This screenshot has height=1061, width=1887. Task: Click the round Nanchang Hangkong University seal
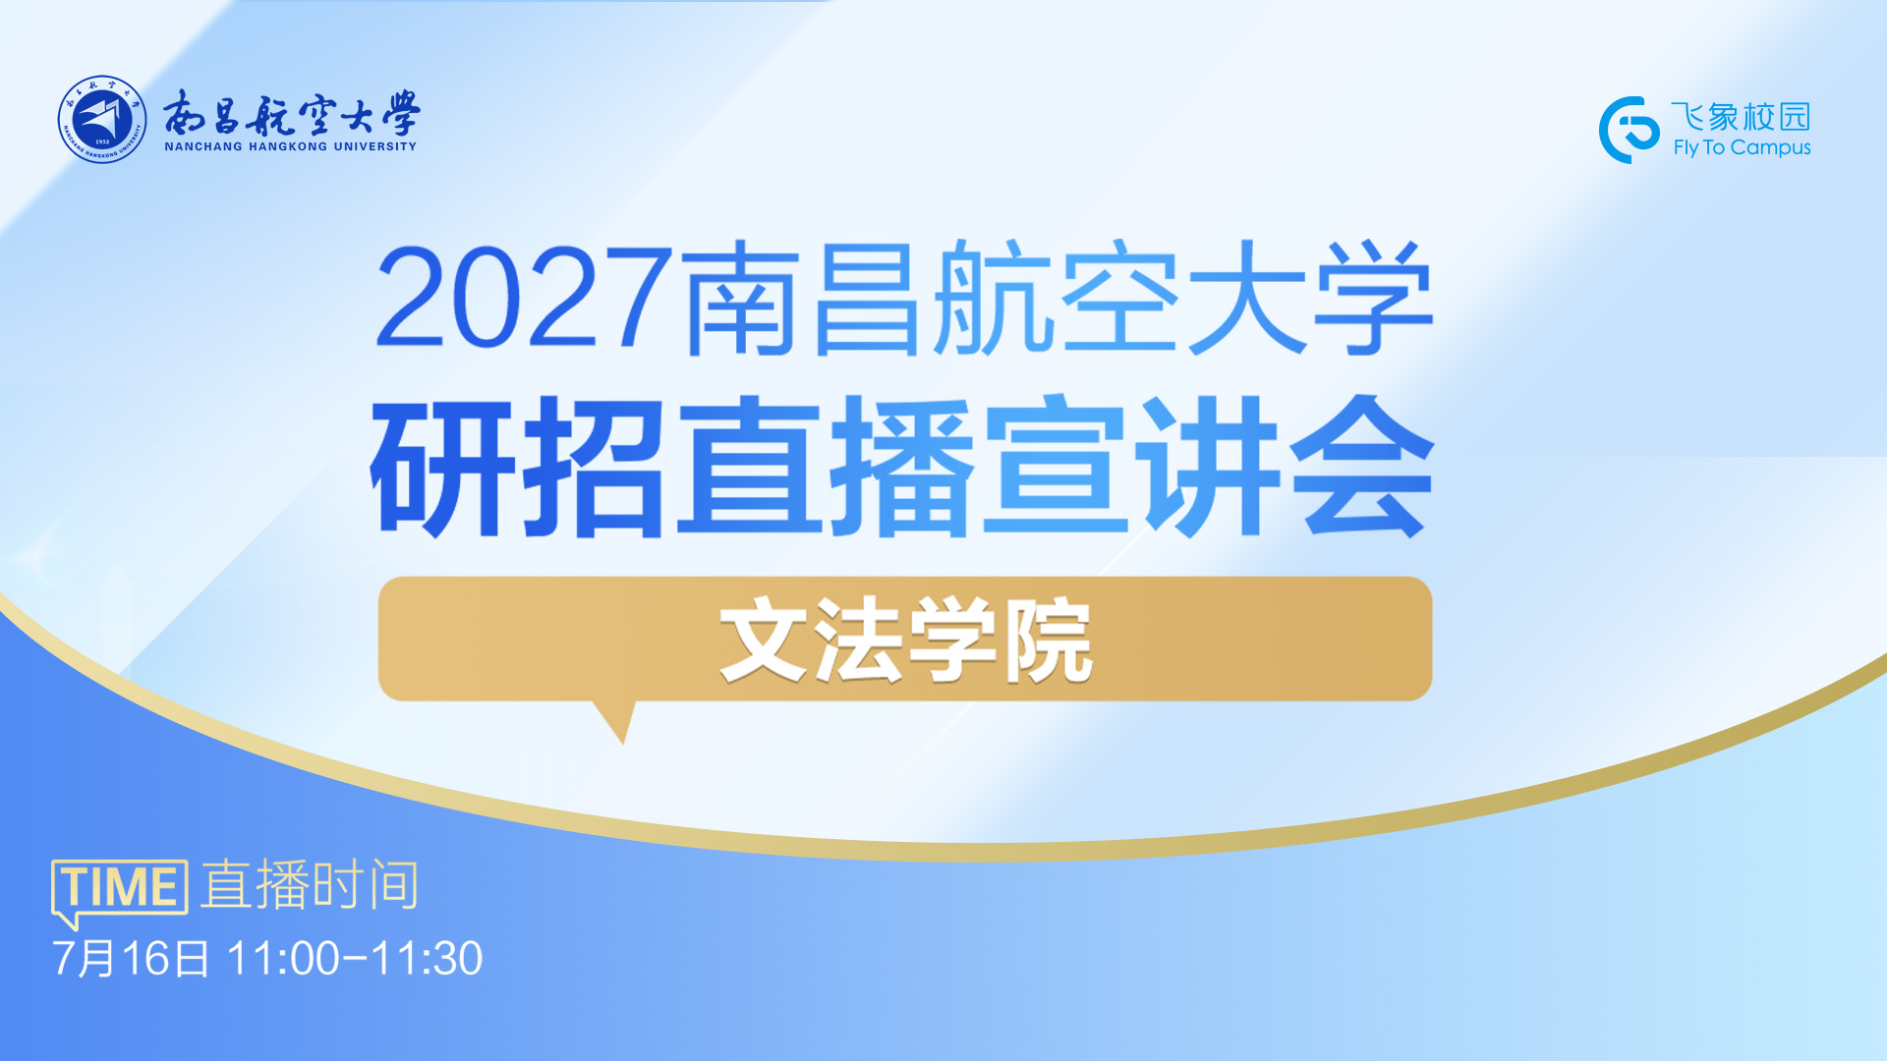pyautogui.click(x=102, y=120)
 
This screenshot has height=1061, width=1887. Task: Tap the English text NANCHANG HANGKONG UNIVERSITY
pyautogui.click(x=291, y=146)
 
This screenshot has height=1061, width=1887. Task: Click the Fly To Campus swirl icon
pyautogui.click(x=1629, y=130)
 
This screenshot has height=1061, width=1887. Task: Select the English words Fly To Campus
pyautogui.click(x=1742, y=147)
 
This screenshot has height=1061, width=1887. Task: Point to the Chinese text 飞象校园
pyautogui.click(x=1741, y=116)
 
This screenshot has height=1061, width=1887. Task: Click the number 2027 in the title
pyautogui.click(x=524, y=298)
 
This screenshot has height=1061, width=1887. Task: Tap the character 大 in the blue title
pyautogui.click(x=1246, y=298)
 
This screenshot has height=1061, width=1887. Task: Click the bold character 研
pyautogui.click(x=443, y=466)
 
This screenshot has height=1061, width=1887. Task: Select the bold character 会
pyautogui.click(x=1362, y=466)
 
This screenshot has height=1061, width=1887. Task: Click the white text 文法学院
pyautogui.click(x=905, y=641)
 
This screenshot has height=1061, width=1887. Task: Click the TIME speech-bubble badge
pyautogui.click(x=119, y=890)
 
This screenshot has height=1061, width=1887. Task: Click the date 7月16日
pyautogui.click(x=131, y=959)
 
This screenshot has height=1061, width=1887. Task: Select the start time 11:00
pyautogui.click(x=283, y=959)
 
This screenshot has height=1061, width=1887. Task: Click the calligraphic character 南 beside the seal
pyautogui.click(x=184, y=113)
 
